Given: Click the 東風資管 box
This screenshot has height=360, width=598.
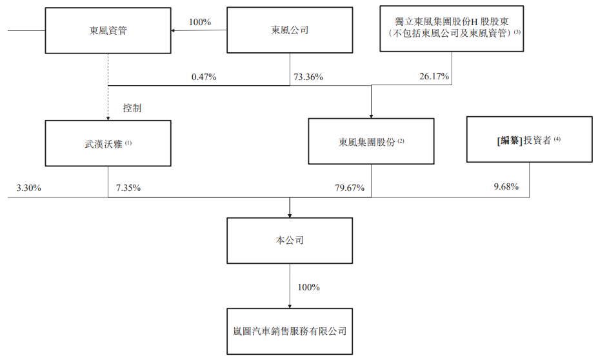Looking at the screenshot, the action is [108, 30].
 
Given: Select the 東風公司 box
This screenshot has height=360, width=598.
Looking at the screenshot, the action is [290, 30].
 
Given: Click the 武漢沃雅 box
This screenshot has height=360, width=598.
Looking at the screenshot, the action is [108, 142].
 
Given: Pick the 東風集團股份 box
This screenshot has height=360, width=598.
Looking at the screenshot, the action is [371, 141].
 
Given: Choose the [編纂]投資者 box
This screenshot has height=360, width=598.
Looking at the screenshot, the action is [529, 139].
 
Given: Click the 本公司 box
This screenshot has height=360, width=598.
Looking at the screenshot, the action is [290, 241].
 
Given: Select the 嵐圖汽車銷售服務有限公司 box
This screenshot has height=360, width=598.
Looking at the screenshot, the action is [290, 331].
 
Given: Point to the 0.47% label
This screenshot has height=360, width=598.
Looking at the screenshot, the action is [204, 77].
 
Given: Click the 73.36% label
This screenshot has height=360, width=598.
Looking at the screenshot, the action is [308, 77].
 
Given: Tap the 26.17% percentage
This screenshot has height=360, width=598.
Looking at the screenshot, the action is [434, 77].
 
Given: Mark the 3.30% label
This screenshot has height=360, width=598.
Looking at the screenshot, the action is [28, 188].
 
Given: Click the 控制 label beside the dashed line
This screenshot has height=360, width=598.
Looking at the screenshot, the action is [132, 108].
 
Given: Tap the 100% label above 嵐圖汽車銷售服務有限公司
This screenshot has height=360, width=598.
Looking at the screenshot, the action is [308, 287].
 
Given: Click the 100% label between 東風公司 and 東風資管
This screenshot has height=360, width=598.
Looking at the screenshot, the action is [199, 22].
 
